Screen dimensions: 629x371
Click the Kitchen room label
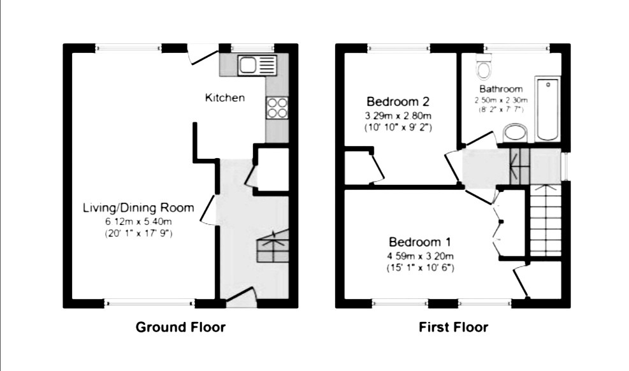point(224,98)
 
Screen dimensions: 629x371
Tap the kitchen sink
point(257,66)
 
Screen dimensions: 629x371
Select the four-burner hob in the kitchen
point(277,108)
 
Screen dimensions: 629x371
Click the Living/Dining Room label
point(138,208)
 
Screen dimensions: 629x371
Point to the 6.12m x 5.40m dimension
point(138,221)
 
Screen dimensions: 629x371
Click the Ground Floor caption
point(180,327)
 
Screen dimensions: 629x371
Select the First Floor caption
point(453,327)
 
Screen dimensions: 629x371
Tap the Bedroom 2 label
point(398,101)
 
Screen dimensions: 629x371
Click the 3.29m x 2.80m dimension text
point(398,116)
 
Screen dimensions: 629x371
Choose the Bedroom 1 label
point(420,242)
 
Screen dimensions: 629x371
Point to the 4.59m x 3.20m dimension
point(420,256)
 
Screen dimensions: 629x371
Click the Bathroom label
point(501,89)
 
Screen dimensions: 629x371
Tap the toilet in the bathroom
point(484,66)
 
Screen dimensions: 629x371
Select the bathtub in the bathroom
point(548,109)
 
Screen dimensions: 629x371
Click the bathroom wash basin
point(515,133)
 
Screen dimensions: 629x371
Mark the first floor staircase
point(546,220)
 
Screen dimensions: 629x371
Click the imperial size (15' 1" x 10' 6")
point(420,268)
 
